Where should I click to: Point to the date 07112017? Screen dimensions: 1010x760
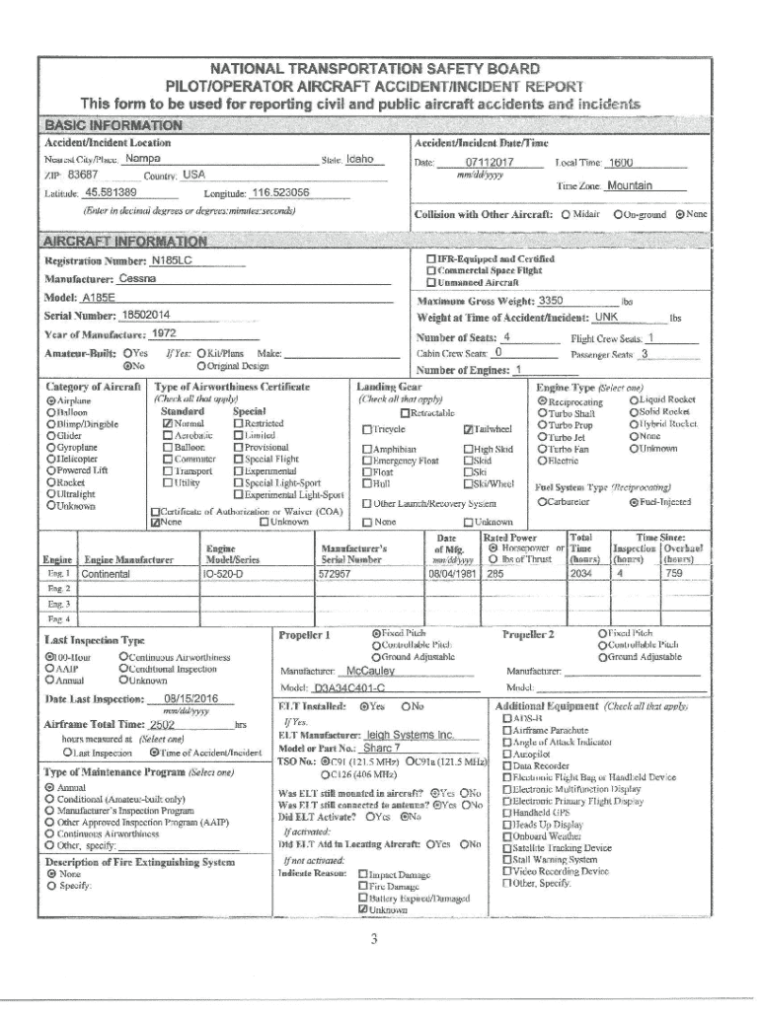[x=490, y=162]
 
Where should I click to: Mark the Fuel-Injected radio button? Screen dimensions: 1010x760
[x=634, y=503]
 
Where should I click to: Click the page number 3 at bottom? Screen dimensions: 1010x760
[x=374, y=938]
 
